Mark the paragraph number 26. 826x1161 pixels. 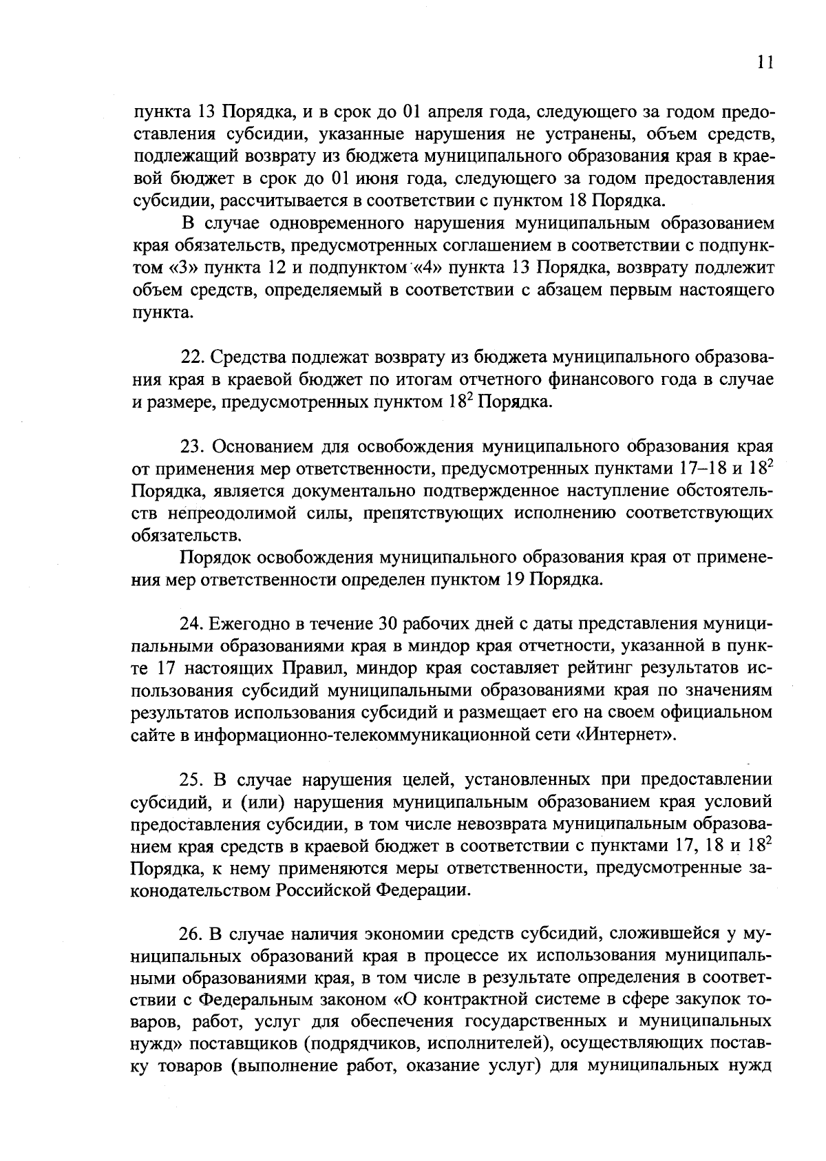(x=192, y=934)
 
